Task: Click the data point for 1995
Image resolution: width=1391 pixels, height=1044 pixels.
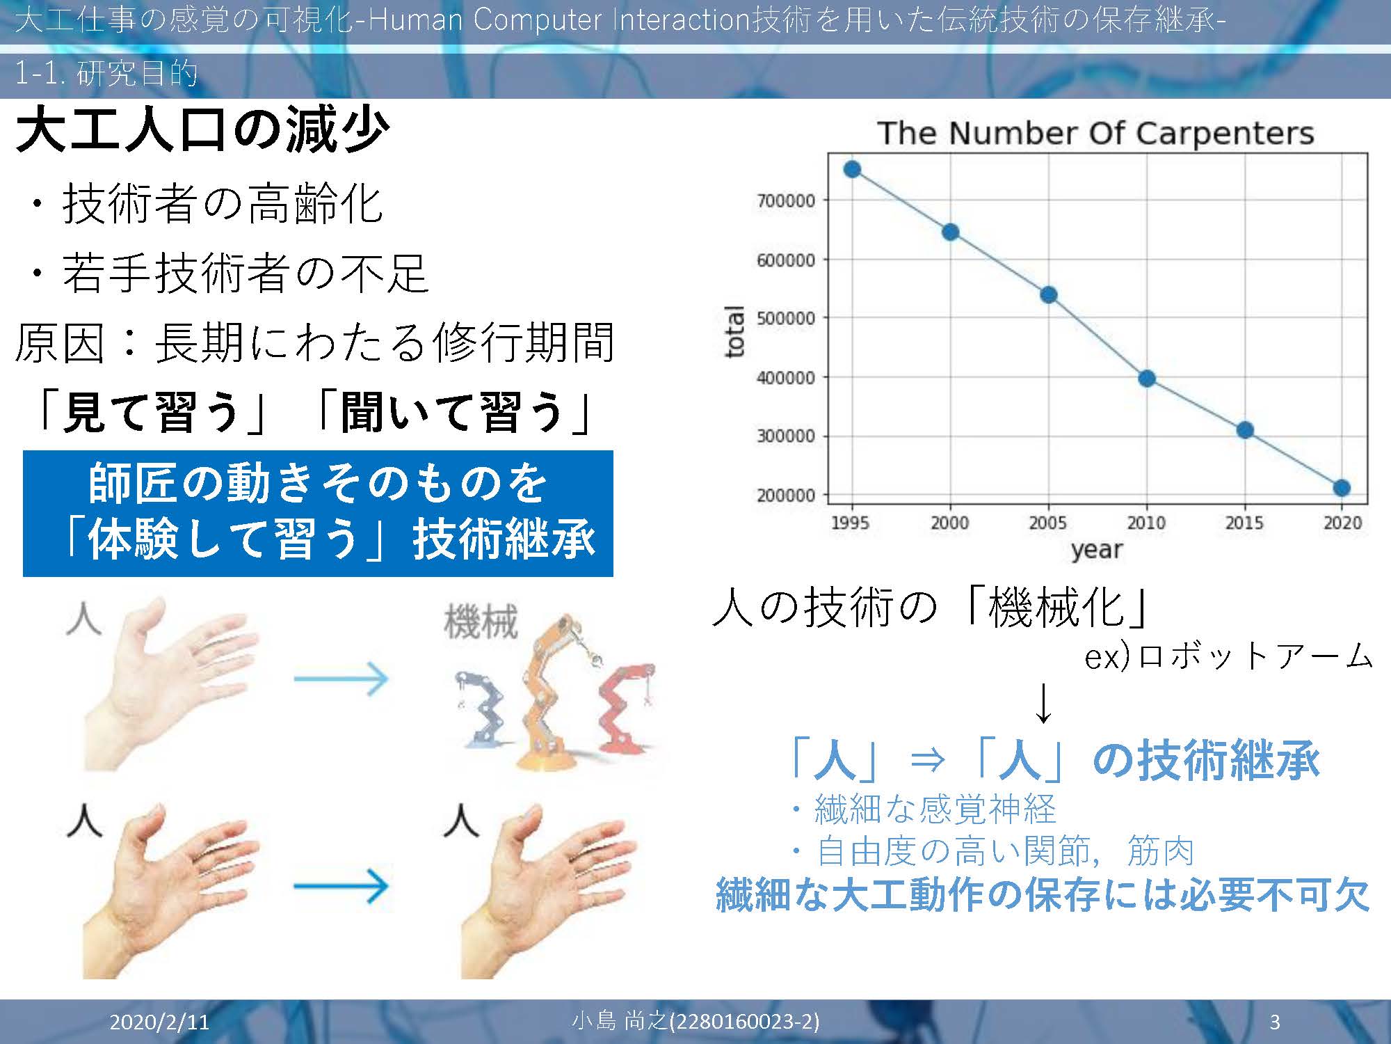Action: click(852, 169)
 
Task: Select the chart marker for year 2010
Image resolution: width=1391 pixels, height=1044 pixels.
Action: click(1147, 379)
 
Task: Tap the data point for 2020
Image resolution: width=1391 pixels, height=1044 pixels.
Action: click(1342, 488)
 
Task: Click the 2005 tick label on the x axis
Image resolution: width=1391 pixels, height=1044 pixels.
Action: click(1048, 523)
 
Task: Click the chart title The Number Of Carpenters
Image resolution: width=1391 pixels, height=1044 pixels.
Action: click(1096, 133)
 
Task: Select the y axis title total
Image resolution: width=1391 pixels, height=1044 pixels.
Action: click(735, 331)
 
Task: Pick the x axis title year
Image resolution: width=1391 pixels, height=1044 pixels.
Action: click(1097, 550)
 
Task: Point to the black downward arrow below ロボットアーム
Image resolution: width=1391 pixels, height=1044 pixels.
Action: click(1043, 703)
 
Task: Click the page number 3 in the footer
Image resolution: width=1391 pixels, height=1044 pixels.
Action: click(1275, 1022)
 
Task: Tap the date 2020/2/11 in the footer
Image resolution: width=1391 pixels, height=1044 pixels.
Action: click(159, 1022)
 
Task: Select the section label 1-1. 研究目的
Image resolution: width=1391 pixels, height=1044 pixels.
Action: click(106, 73)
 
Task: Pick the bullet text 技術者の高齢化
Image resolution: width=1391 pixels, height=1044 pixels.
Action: click(223, 204)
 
